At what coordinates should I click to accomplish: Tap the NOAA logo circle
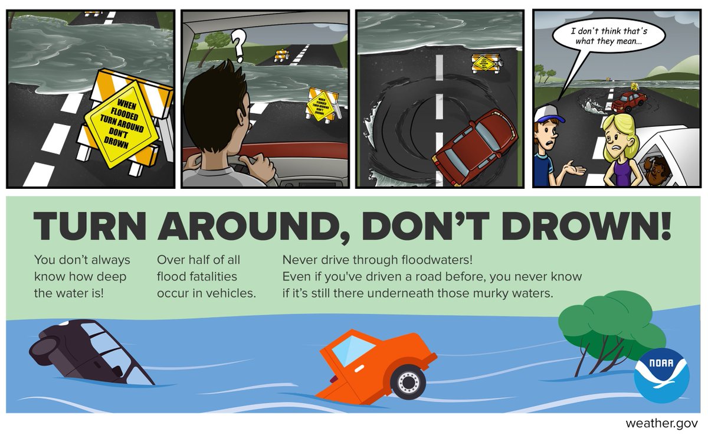click(x=661, y=376)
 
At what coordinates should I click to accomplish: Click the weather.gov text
click(x=662, y=423)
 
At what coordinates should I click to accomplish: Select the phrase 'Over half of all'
click(x=198, y=260)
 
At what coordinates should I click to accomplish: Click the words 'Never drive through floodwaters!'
click(x=378, y=260)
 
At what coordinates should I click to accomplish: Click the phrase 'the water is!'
click(x=69, y=293)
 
